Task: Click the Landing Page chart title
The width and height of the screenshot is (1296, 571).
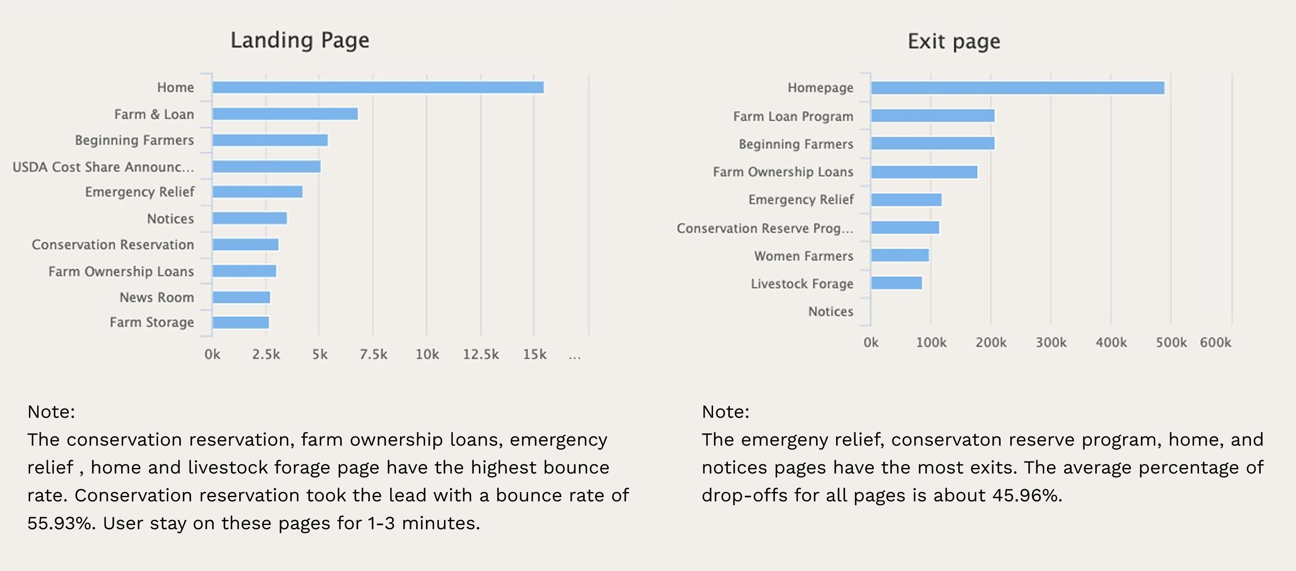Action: pos(300,40)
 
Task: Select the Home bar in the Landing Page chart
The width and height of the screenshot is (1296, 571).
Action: pos(377,87)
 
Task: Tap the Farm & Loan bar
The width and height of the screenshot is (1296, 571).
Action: pos(285,114)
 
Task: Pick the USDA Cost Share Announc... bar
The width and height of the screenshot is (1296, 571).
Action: pos(266,166)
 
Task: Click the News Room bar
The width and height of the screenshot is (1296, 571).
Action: pos(241,297)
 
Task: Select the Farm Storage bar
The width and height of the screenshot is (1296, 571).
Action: pos(241,322)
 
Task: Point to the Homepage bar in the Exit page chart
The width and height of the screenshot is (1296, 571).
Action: pos(1017,88)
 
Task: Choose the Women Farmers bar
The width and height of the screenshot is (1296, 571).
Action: pos(900,255)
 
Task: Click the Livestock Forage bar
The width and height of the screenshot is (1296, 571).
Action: pos(897,283)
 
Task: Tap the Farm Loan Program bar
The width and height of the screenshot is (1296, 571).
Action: pos(933,116)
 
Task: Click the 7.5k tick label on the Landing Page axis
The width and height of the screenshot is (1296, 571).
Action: pos(373,354)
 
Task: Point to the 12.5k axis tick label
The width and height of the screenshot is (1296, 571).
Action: pos(480,354)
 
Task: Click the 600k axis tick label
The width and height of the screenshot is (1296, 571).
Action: pos(1215,342)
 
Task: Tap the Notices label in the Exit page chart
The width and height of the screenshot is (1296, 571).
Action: pos(831,311)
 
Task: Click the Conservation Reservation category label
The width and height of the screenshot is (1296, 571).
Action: pos(113,245)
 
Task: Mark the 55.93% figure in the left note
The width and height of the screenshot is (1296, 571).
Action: pos(60,523)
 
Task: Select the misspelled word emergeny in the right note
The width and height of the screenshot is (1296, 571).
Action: pos(787,440)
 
